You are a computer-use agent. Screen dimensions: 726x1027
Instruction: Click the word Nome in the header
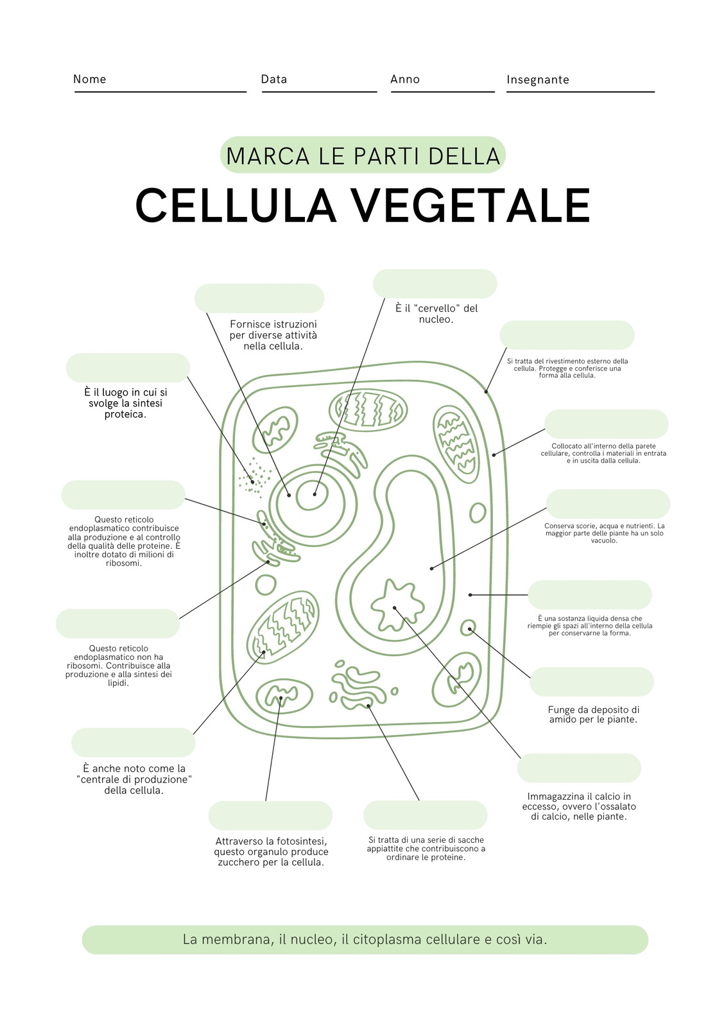(x=89, y=79)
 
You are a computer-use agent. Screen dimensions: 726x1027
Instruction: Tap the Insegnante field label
(x=537, y=80)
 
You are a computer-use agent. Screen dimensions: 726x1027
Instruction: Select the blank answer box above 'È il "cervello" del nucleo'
(x=435, y=284)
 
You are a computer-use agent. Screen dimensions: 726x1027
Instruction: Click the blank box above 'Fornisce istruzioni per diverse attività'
(x=259, y=298)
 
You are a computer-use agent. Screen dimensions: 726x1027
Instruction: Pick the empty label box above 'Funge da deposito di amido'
(x=592, y=682)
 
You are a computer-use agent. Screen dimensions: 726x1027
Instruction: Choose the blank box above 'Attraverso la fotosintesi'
(x=270, y=816)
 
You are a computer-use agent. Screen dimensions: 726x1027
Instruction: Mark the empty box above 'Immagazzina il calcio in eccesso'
(x=579, y=768)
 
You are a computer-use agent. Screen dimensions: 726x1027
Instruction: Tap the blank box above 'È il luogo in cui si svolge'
(x=128, y=368)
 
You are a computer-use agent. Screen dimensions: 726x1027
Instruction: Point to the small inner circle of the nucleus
(x=312, y=494)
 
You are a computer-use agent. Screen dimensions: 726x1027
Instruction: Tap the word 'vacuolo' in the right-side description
(x=604, y=540)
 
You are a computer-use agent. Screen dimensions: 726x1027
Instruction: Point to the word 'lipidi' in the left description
(x=118, y=683)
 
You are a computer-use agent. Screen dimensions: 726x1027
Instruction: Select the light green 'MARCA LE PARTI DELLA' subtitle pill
(x=363, y=155)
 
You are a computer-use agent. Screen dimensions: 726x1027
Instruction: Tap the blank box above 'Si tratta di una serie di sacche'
(x=425, y=815)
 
